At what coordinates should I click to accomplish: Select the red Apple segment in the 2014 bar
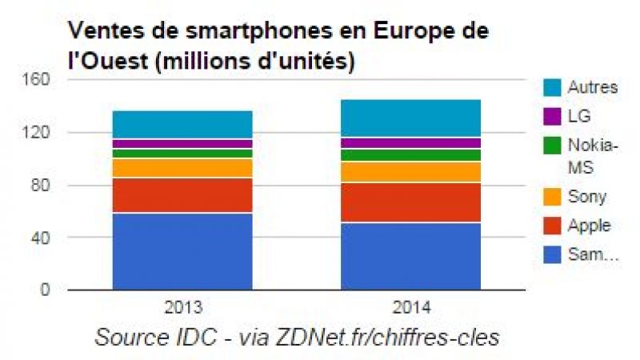[x=410, y=202]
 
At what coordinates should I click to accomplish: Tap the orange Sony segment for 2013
[x=182, y=168]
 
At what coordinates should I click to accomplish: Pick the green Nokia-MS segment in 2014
[x=410, y=155]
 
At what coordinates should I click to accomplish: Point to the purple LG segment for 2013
[x=182, y=144]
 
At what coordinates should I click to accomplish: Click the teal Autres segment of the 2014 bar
[x=410, y=118]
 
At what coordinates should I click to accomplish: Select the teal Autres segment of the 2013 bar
[x=182, y=125]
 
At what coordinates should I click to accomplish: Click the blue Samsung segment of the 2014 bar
[x=410, y=256]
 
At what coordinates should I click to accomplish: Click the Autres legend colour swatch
[x=552, y=86]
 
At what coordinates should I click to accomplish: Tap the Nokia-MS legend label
[x=592, y=156]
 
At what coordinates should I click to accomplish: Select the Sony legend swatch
[x=552, y=196]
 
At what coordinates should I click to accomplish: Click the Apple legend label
[x=588, y=226]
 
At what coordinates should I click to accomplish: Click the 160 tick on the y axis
[x=41, y=80]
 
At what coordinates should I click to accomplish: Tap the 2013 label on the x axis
[x=182, y=306]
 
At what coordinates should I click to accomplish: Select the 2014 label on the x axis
[x=410, y=306]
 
